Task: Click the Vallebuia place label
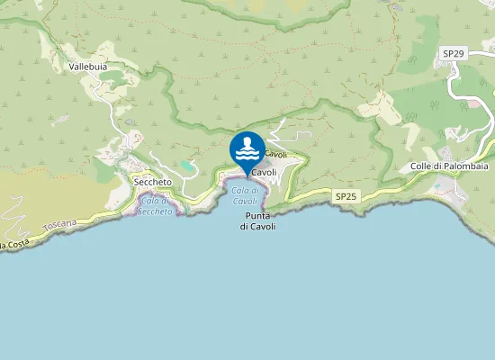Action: tap(88, 67)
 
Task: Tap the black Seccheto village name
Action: tap(152, 182)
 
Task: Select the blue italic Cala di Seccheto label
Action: tap(155, 206)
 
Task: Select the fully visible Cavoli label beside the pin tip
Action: tap(264, 172)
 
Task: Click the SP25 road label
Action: tap(346, 195)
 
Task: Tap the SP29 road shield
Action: tap(454, 54)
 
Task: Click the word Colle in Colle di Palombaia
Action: tap(422, 166)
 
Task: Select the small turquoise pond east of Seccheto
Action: tap(186, 166)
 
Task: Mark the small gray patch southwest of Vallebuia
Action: tap(61, 118)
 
